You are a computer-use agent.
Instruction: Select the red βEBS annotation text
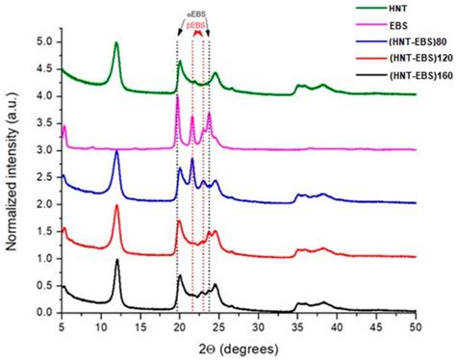(196, 24)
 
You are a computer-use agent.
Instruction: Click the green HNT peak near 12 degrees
(116, 43)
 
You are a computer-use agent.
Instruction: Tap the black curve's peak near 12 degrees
(117, 260)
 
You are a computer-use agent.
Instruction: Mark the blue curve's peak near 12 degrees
(117, 151)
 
